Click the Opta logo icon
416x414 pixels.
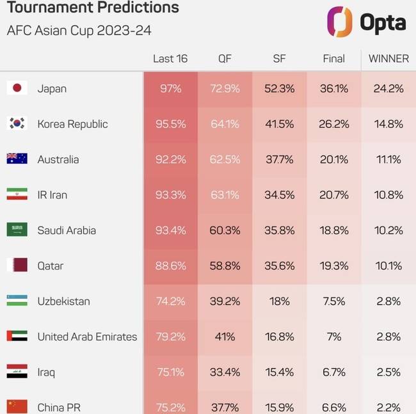(339, 22)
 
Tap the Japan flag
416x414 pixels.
(17, 88)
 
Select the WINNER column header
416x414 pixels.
(388, 58)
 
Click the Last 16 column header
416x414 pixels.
(170, 58)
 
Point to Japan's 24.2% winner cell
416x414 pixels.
(388, 88)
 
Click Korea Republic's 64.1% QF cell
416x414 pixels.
(225, 124)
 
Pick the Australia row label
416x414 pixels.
(58, 159)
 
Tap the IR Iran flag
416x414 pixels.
(17, 195)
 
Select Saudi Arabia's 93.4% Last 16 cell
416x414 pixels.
(170, 230)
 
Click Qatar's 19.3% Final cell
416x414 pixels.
(333, 266)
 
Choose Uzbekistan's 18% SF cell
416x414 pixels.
(279, 301)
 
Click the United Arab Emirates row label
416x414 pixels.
(87, 337)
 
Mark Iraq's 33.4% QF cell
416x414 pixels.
(225, 372)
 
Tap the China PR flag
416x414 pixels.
(17, 406)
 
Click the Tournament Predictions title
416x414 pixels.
(93, 8)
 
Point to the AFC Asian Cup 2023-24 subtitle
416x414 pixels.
(79, 30)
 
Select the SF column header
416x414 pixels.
(279, 58)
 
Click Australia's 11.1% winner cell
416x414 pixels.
(388, 159)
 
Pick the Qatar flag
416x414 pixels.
(17, 266)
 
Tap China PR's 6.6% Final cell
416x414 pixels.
(333, 407)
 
